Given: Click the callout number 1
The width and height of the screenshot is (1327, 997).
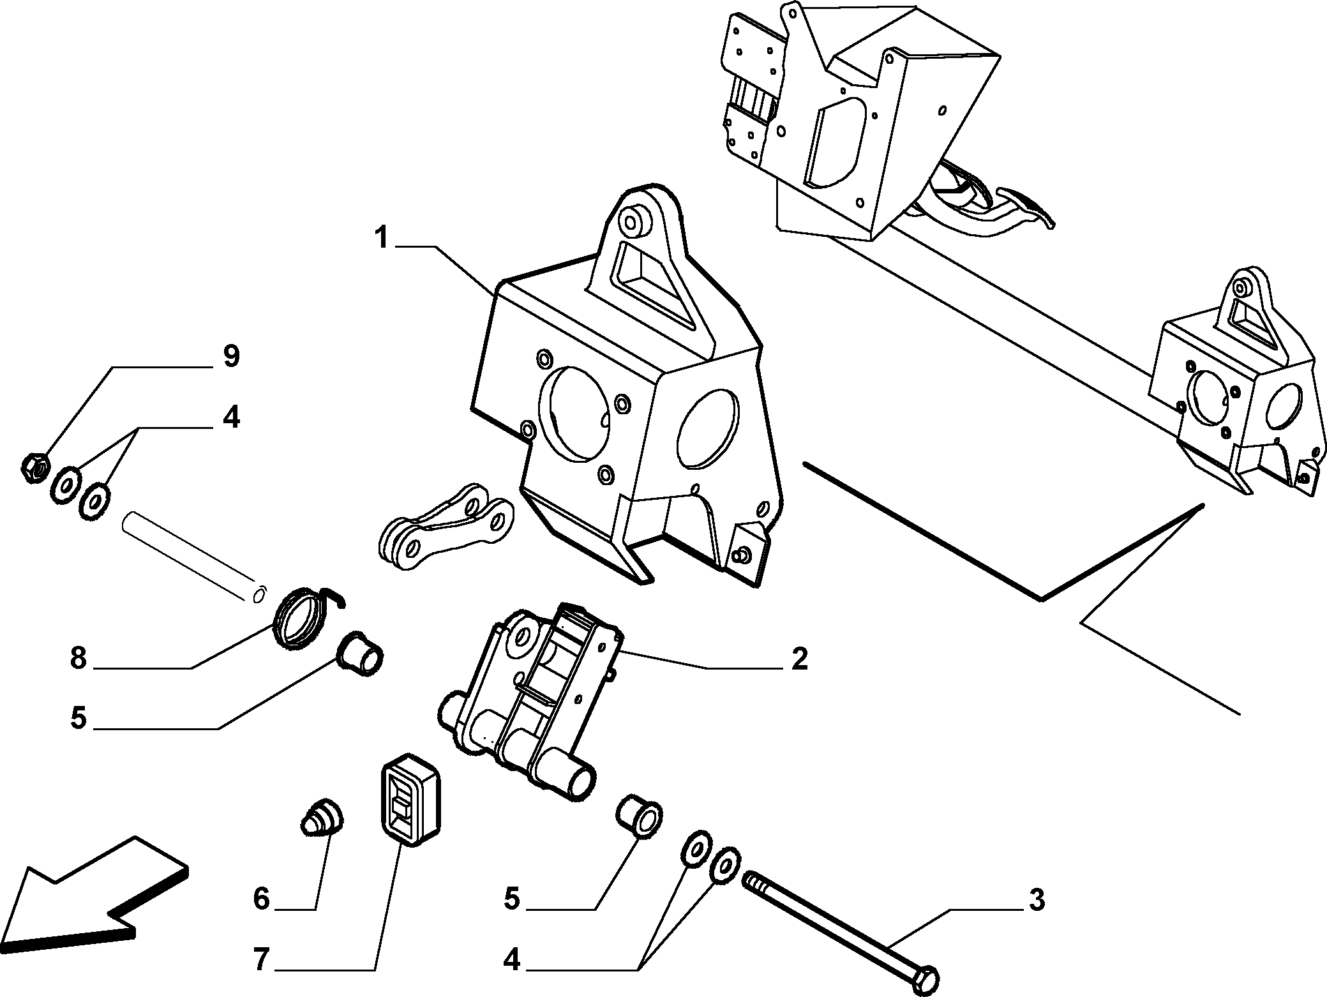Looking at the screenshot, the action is coord(381,239).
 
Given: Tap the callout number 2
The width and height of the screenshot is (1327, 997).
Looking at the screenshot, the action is coord(799,659).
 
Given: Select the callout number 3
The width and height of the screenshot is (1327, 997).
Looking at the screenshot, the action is coord(1037,900).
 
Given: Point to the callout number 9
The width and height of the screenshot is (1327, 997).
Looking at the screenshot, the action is coord(231,356).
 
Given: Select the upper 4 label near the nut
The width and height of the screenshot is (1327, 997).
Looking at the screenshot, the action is coord(230,418).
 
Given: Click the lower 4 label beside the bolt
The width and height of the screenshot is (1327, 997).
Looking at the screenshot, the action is coord(512,959).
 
